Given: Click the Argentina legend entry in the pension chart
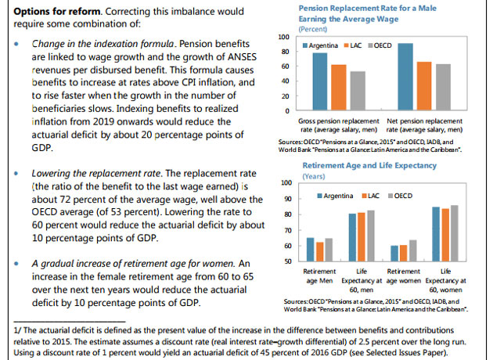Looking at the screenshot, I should click(x=318, y=46).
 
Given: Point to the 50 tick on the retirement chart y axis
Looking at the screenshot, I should click(x=286, y=261).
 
